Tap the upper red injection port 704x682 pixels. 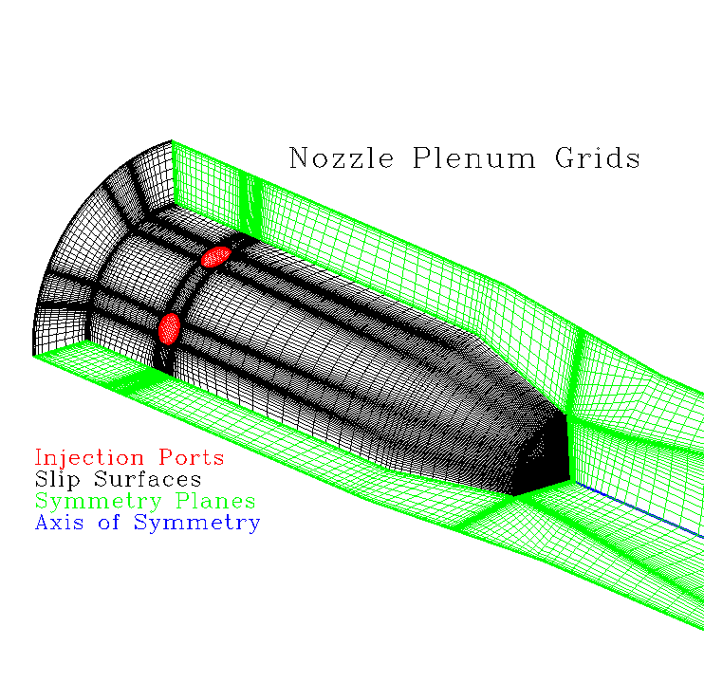[x=216, y=256]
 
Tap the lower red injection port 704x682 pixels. [x=169, y=328]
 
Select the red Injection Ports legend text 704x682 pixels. [x=129, y=458]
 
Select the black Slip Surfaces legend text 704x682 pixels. [x=118, y=479]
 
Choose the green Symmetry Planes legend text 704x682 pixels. [x=145, y=501]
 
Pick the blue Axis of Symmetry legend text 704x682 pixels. [x=147, y=522]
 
